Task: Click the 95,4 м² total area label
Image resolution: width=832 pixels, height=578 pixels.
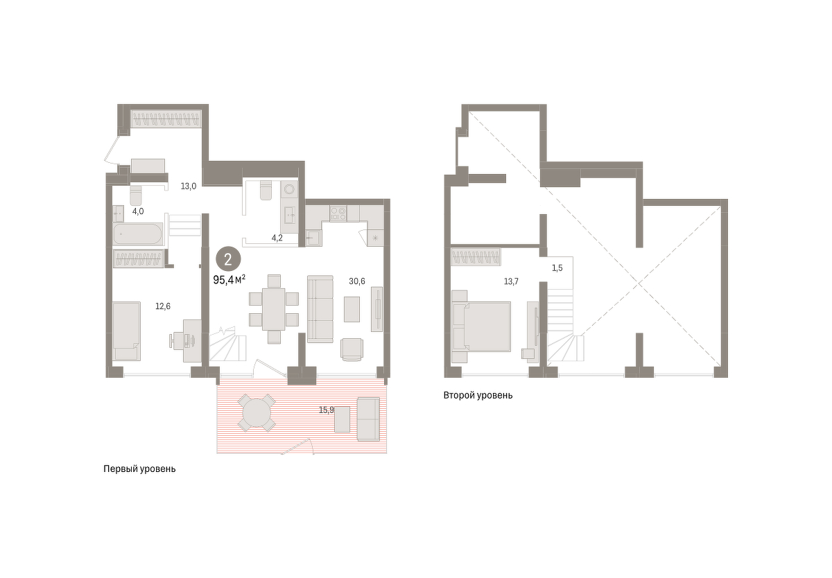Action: [229, 279]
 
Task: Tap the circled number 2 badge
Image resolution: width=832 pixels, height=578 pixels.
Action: [228, 259]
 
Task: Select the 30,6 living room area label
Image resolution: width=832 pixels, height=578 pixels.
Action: [356, 281]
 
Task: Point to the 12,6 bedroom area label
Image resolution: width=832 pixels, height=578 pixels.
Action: [163, 306]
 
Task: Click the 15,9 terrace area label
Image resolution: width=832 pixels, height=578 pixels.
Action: [327, 410]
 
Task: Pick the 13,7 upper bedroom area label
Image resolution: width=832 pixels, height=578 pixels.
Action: [511, 281]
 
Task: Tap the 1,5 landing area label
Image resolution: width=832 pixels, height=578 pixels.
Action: [557, 268]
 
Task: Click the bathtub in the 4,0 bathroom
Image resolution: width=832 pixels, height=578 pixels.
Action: [138, 234]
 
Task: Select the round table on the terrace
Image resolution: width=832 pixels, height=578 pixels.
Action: [257, 413]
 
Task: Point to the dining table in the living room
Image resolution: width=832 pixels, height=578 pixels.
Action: [273, 309]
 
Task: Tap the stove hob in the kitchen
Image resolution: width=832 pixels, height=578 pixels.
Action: [338, 213]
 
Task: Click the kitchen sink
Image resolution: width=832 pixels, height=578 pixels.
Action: [313, 237]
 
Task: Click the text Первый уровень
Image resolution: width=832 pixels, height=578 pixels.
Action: [139, 469]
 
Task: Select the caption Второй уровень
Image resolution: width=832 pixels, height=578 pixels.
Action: [478, 395]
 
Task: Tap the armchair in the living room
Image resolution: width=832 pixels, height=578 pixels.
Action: [352, 349]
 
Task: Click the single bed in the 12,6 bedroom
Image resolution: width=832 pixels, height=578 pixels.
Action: [127, 331]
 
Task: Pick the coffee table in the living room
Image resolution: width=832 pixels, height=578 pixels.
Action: [352, 309]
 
